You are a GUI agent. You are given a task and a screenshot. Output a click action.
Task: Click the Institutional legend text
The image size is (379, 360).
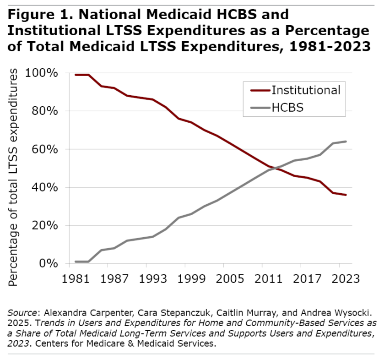point(306,90)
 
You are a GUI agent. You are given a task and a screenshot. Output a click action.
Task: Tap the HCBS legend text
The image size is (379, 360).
point(288,108)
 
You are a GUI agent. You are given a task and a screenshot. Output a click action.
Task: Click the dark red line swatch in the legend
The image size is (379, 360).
point(260,90)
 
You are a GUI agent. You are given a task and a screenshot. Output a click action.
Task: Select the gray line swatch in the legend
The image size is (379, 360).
point(260,108)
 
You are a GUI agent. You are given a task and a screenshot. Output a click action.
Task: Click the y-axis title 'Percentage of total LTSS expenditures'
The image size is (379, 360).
point(15,177)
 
